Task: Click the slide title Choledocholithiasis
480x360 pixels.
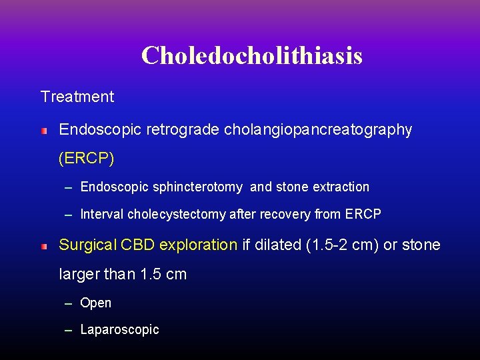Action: point(251,55)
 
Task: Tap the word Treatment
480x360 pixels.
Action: point(77,97)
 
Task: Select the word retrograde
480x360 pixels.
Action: point(185,130)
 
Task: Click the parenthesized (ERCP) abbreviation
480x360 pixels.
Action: point(87,159)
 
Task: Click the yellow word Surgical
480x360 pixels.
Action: point(87,245)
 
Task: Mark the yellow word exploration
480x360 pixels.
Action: point(198,245)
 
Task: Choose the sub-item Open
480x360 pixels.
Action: point(95,303)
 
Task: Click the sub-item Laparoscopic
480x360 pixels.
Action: point(119,329)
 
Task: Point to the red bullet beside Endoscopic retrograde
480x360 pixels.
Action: point(44,131)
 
